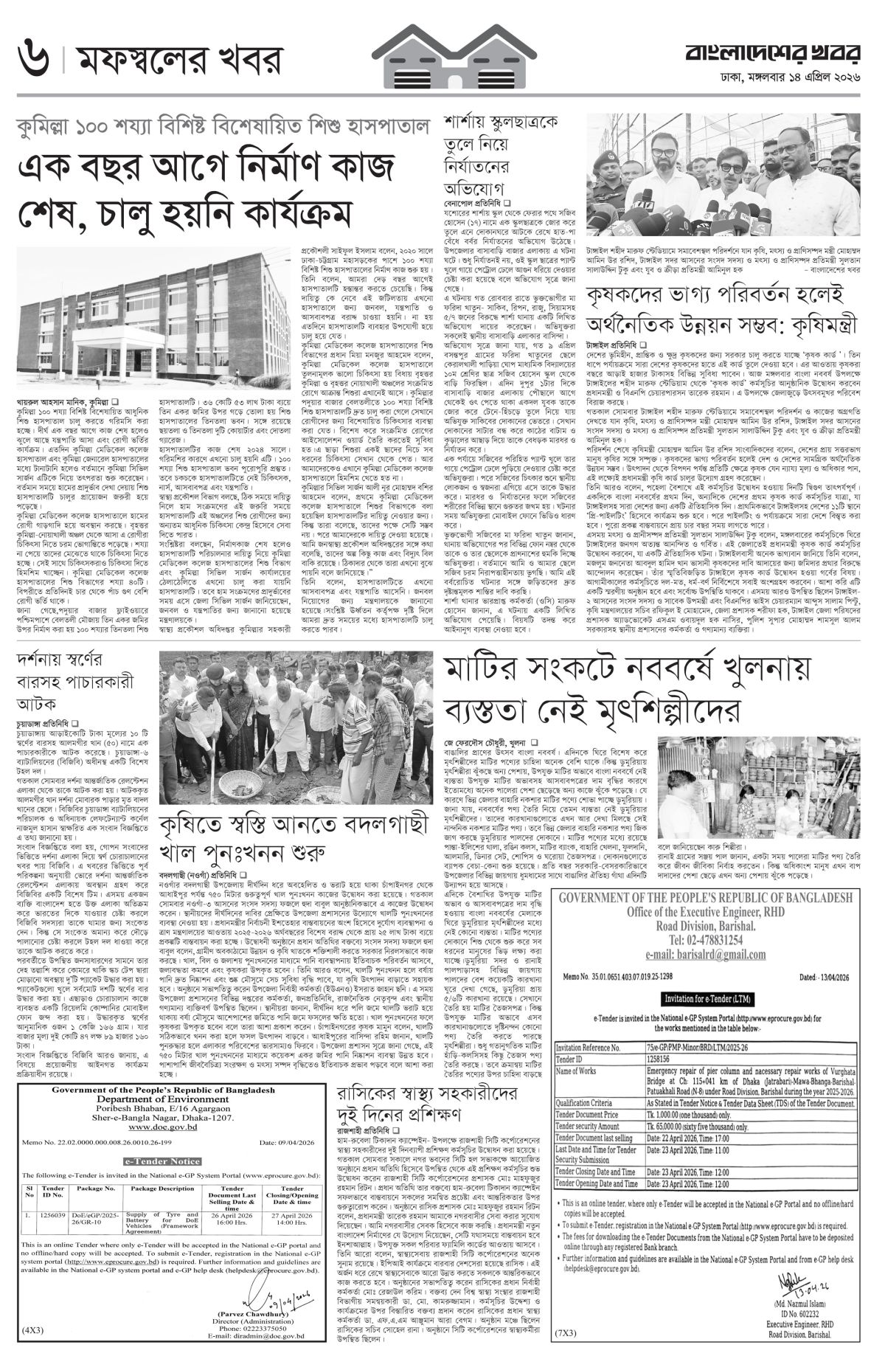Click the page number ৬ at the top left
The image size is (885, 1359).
pos(30,55)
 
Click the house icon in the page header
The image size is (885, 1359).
pos(442,46)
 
